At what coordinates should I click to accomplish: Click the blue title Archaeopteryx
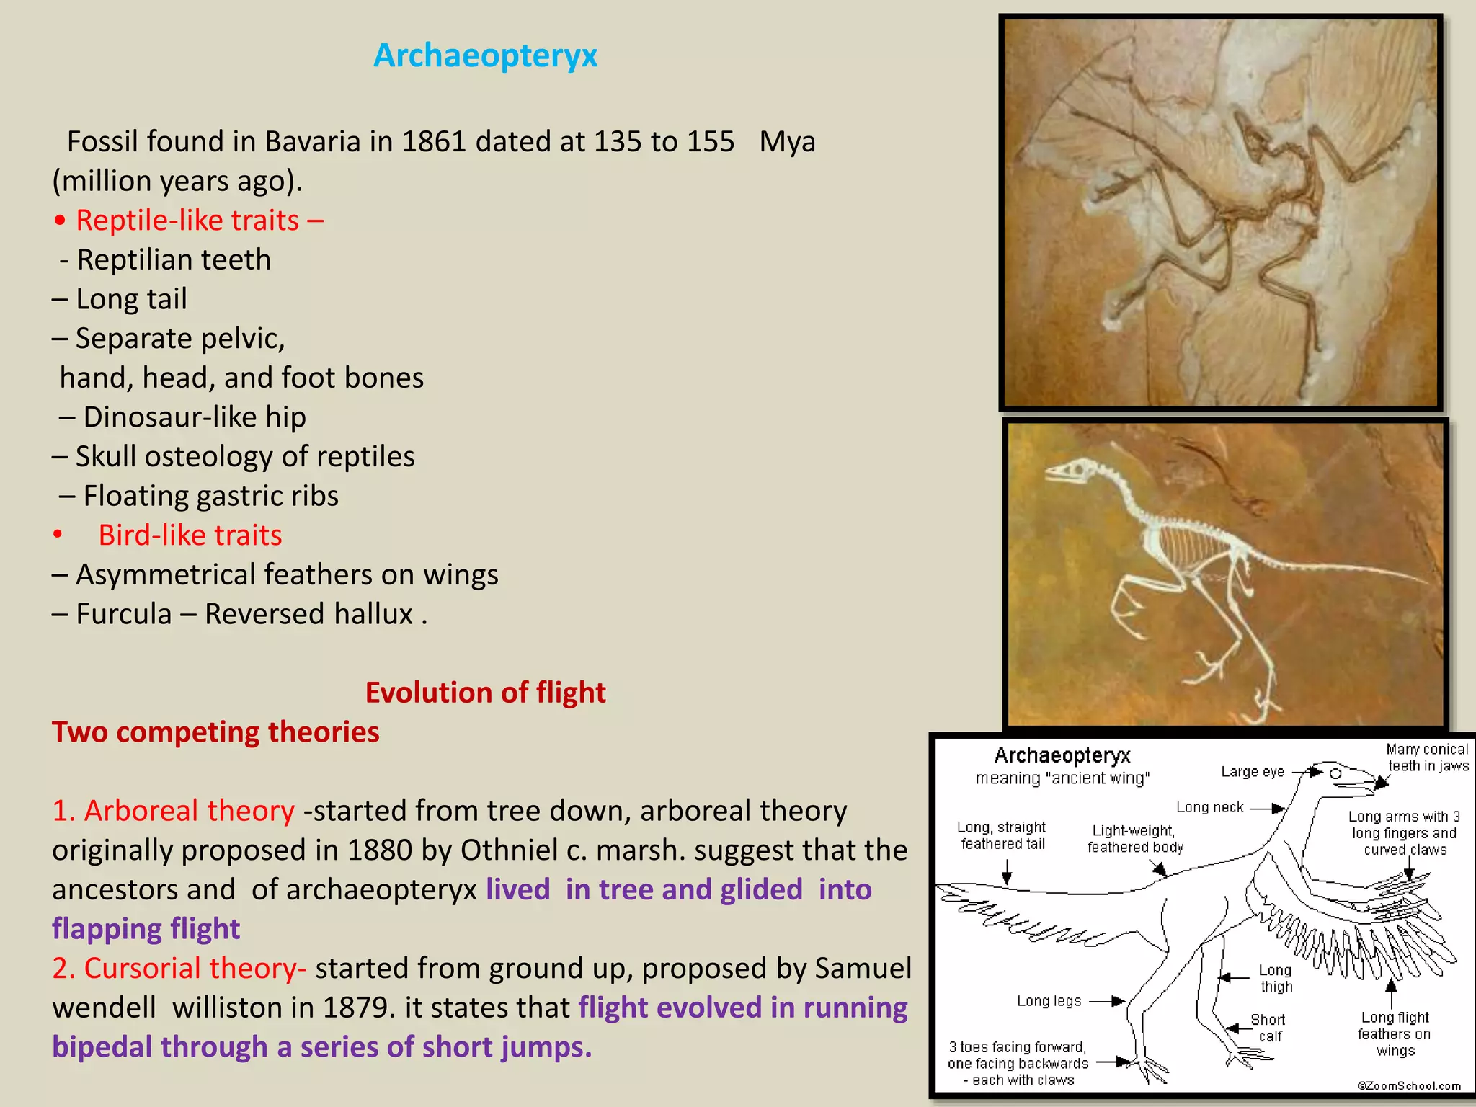click(485, 55)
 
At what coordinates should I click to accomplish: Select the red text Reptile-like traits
click(187, 221)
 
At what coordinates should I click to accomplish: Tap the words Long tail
click(131, 299)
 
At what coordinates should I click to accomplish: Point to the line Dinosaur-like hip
click(194, 417)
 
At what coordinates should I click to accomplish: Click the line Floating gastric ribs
click(210, 496)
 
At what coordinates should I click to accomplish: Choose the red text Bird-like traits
click(190, 535)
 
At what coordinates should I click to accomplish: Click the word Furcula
click(124, 614)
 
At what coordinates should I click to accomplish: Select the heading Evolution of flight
click(485, 693)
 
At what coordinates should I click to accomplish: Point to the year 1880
click(380, 850)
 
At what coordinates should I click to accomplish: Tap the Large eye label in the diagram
click(1253, 772)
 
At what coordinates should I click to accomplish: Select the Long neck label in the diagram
click(1210, 807)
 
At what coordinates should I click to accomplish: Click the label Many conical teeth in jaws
click(1428, 757)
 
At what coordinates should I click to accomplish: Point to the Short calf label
click(1268, 1028)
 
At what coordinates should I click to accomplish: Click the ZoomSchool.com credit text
click(1409, 1085)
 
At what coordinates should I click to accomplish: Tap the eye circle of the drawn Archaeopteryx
click(1335, 773)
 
